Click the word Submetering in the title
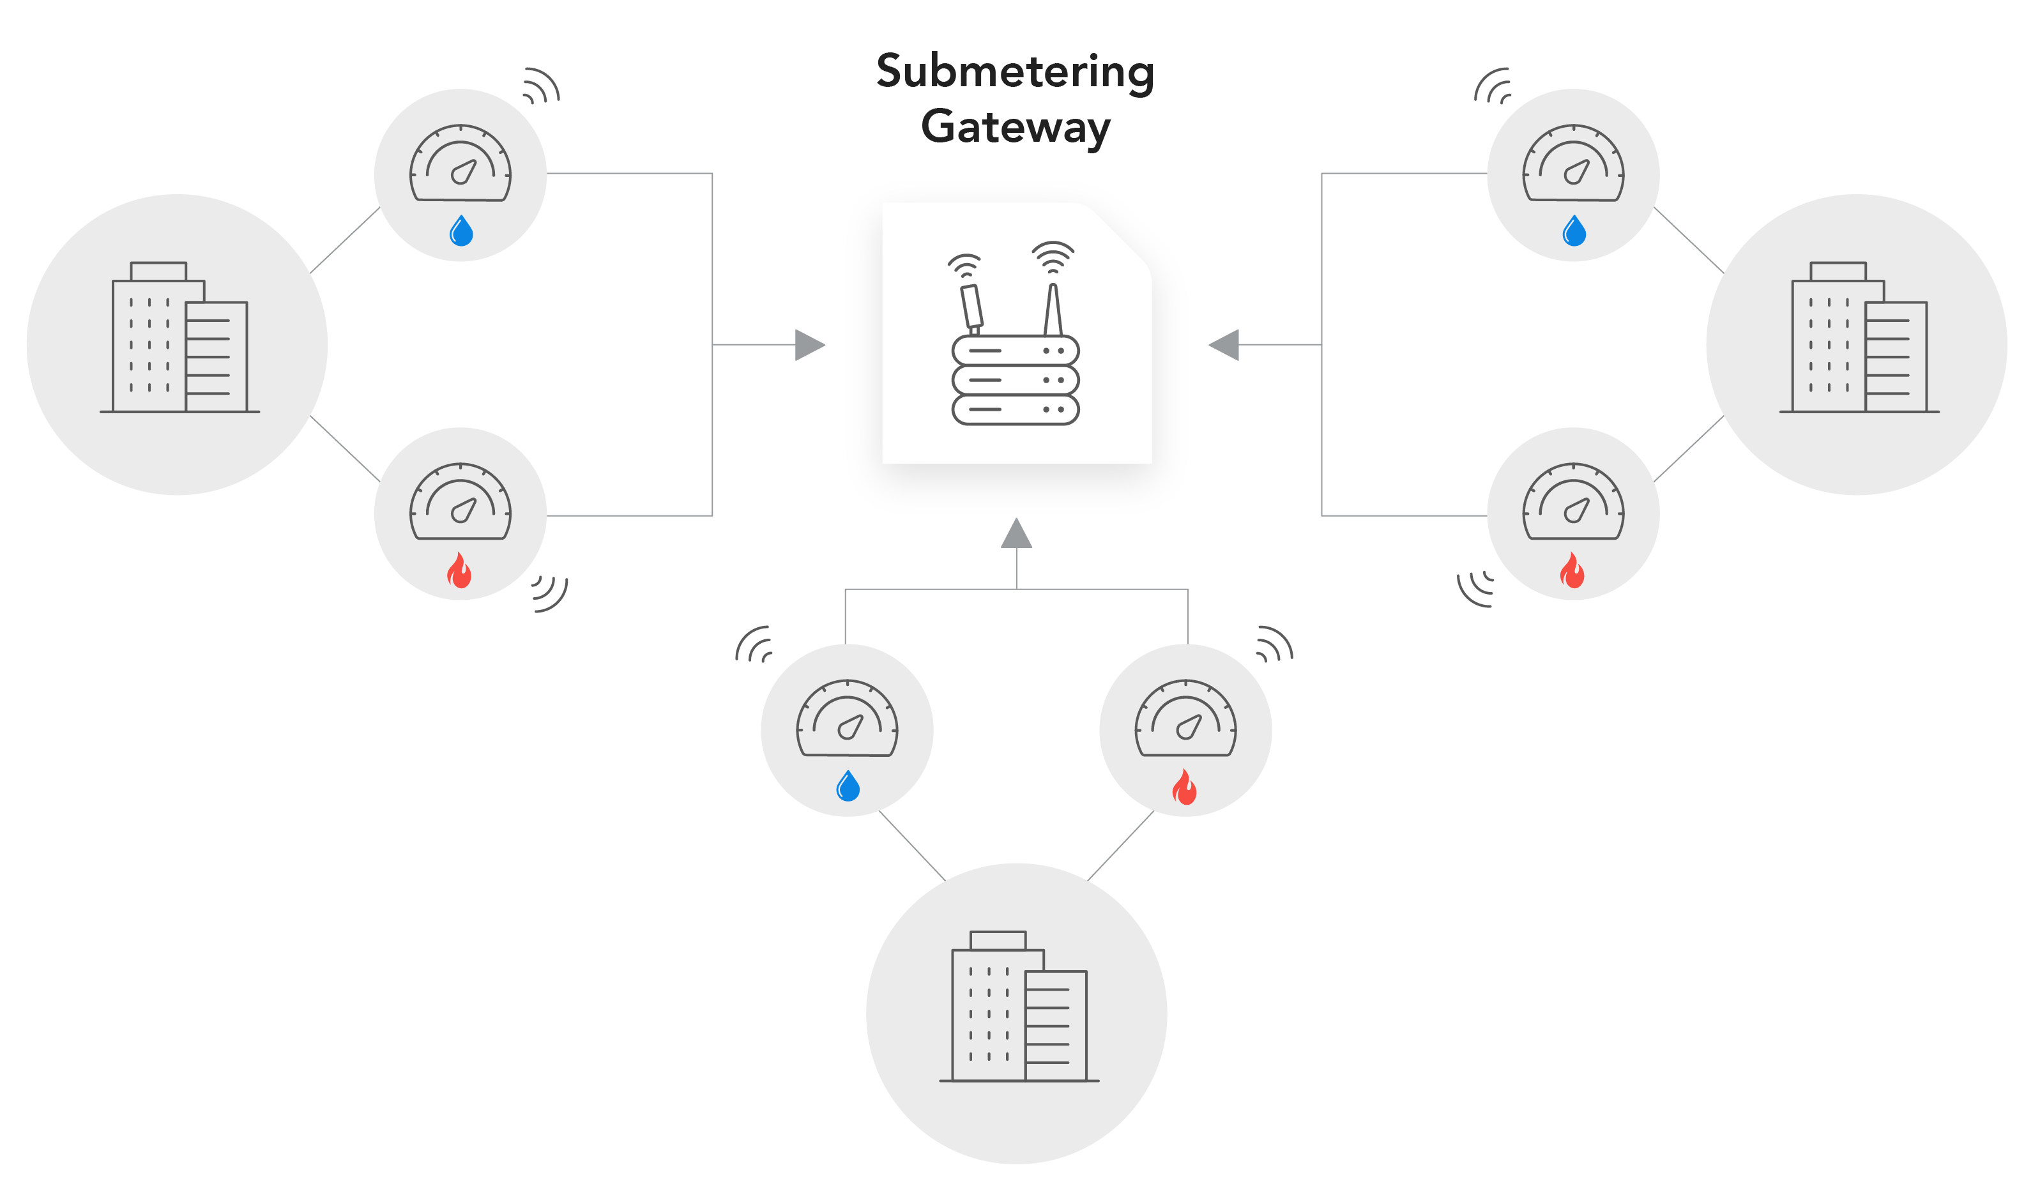(1016, 72)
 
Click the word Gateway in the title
(1016, 127)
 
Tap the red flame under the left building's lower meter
(459, 571)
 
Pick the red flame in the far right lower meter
(1572, 571)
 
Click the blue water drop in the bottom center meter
(847, 786)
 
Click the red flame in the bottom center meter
(1185, 787)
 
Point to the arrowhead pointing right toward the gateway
(808, 345)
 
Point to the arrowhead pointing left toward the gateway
(1224, 345)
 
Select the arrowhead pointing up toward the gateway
(1016, 535)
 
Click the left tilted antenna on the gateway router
(971, 306)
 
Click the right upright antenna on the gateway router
(1053, 309)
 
